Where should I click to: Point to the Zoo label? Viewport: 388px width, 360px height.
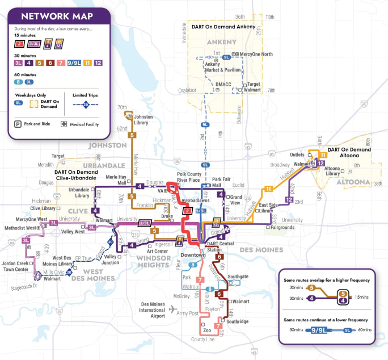point(206,330)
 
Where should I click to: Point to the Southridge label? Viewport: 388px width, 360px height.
point(237,321)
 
